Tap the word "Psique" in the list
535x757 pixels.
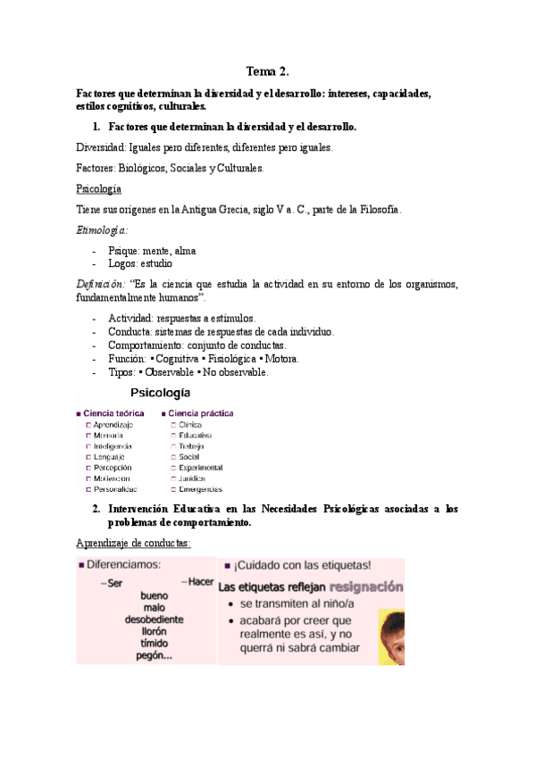point(123,251)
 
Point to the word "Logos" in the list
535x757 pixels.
point(122,263)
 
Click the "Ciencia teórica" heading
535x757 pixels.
point(113,413)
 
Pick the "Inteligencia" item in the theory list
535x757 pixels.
point(113,445)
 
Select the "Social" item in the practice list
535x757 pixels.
point(188,456)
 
